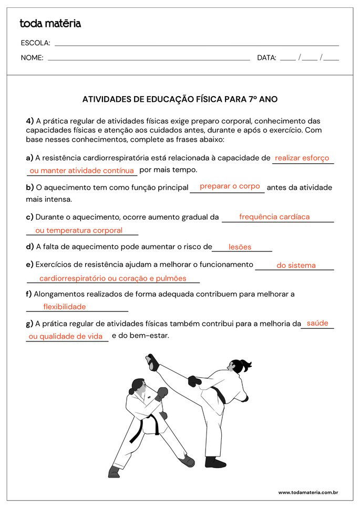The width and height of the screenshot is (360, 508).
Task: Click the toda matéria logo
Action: tap(50, 23)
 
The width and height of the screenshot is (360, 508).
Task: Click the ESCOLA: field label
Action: tap(35, 43)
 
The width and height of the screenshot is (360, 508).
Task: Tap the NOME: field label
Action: tap(32, 58)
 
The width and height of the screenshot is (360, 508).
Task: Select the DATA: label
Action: tap(266, 58)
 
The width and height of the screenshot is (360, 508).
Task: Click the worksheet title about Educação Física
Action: tap(180, 99)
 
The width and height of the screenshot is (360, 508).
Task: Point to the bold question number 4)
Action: tap(30, 121)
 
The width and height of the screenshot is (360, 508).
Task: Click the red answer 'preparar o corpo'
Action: tap(230, 186)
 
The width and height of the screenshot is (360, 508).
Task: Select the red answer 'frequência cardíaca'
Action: tap(274, 216)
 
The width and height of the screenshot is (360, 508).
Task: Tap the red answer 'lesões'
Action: tap(240, 247)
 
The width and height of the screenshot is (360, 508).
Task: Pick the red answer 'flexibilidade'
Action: tap(64, 307)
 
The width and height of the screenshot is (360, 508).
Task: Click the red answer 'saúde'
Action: tap(317, 323)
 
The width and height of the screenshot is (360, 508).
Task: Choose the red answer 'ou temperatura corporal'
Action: tap(78, 230)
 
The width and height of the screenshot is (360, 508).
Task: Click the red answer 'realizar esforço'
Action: tap(302, 158)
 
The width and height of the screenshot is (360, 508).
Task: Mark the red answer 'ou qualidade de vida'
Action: tap(66, 336)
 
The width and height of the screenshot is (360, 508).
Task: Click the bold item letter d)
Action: tap(29, 246)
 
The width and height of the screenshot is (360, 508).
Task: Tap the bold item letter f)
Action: tap(29, 294)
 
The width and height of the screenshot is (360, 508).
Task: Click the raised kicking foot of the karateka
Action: tap(152, 361)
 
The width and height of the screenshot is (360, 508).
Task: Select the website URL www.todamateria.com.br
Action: tap(307, 492)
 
